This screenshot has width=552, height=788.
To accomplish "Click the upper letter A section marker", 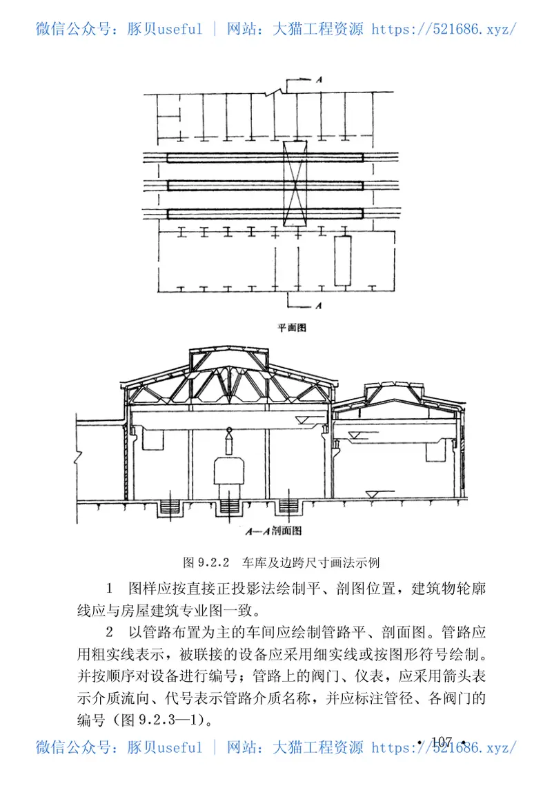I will pos(319,81).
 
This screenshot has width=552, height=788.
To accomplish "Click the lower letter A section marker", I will pos(318,304).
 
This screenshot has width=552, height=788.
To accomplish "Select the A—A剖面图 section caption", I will pos(275,531).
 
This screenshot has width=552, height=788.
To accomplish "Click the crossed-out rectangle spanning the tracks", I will pos(295,183).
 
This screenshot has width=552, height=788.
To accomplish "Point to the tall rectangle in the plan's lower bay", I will pos(343,260).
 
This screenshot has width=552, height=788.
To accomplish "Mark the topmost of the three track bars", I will pos(265,158).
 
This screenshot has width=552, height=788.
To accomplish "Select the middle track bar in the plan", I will pos(265,185).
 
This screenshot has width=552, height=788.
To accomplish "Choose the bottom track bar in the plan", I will pos(265,212).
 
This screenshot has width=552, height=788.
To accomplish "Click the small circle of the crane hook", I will pos(229,433).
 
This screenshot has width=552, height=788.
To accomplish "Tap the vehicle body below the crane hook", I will pos(229,471).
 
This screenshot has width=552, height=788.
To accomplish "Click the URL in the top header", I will pos(443,29).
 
